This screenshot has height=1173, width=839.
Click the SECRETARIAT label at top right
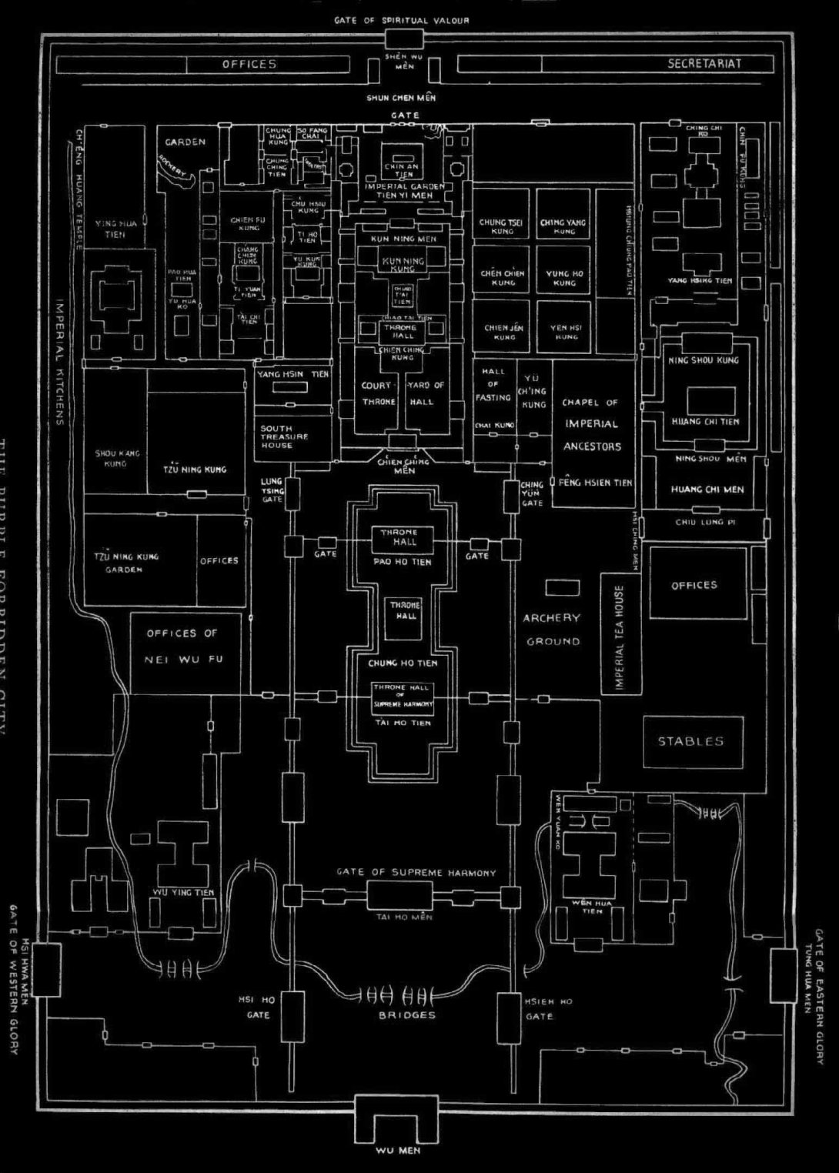point(704,64)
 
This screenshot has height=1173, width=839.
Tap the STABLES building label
point(690,742)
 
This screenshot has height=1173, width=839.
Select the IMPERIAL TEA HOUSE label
point(620,637)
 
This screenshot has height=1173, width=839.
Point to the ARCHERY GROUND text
point(552,630)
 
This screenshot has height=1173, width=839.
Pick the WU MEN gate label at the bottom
point(398,1151)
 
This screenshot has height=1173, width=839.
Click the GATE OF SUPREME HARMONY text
point(416,873)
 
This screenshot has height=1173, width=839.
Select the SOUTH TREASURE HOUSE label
point(284,436)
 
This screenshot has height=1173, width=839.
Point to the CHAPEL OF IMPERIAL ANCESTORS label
point(591,424)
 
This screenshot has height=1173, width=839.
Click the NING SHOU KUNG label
point(704,359)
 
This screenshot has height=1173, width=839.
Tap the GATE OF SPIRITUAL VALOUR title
point(401,20)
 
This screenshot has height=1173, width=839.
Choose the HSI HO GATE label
point(258,1008)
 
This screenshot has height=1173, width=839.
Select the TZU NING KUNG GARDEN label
point(129,562)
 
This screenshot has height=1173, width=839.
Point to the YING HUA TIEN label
point(115,229)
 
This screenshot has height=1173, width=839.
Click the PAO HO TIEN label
point(403,562)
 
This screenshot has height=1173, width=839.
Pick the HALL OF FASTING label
point(493,384)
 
